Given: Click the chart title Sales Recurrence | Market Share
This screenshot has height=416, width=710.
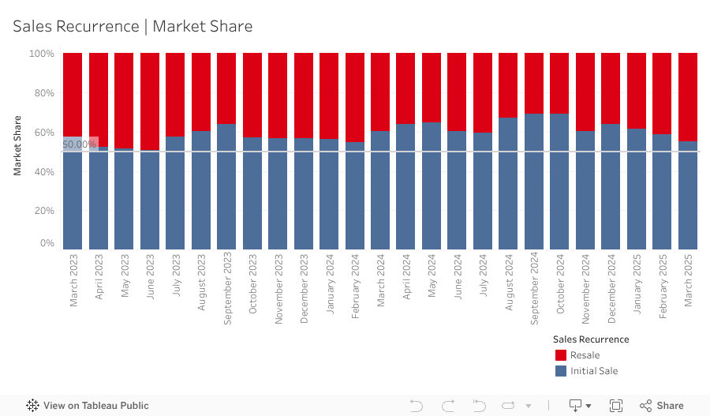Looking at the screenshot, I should tap(133, 26).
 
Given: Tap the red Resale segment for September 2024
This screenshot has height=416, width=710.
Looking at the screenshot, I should tap(534, 83).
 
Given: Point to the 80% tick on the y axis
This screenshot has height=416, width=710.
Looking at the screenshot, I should tap(42, 93).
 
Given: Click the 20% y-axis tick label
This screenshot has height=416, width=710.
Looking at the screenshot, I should tap(42, 211).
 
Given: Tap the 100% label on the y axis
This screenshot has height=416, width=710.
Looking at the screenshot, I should tap(42, 54).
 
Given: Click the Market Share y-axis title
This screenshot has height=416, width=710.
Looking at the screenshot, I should tap(17, 145).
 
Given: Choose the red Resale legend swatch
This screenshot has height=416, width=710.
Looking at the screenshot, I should tap(561, 355).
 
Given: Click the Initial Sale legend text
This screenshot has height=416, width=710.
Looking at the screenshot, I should tap(594, 371).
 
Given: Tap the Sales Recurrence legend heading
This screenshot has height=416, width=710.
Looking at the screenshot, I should tap(591, 339).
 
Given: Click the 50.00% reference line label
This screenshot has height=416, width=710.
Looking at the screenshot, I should tap(79, 144).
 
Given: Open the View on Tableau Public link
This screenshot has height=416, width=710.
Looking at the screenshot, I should tap(88, 406).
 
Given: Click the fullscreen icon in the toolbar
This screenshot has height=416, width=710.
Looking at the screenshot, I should tap(616, 406).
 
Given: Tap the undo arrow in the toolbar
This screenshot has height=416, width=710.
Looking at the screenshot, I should tap(417, 406).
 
